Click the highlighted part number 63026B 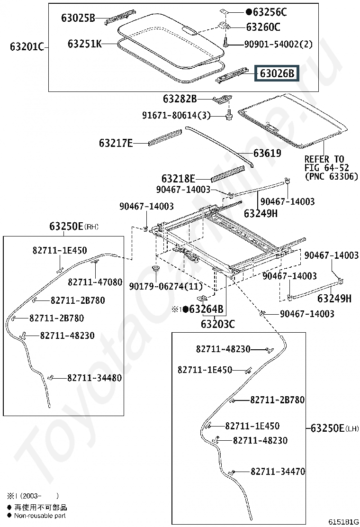pyautogui.click(x=277, y=73)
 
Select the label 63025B pyautogui.click(x=78, y=18)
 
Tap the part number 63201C pyautogui.click(x=27, y=47)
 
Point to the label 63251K pyautogui.click(x=85, y=44)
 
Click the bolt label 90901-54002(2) pyautogui.click(x=279, y=44)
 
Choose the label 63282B pyautogui.click(x=180, y=99)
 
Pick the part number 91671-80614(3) pyautogui.click(x=176, y=115)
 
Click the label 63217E pyautogui.click(x=116, y=143)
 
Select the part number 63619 pyautogui.click(x=267, y=153)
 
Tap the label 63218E pyautogui.click(x=178, y=179)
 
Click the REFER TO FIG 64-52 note pyautogui.click(x=331, y=168)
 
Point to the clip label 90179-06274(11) pyautogui.click(x=166, y=286)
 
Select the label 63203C pyautogui.click(x=218, y=324)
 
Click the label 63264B pyautogui.click(x=206, y=309)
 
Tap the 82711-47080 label pyautogui.click(x=95, y=282)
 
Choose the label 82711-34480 pyautogui.click(x=94, y=378)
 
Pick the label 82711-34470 pyautogui.click(x=278, y=472)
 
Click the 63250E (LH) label pyautogui.click(x=334, y=428)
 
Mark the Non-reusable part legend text pyautogui.click(x=40, y=516)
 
